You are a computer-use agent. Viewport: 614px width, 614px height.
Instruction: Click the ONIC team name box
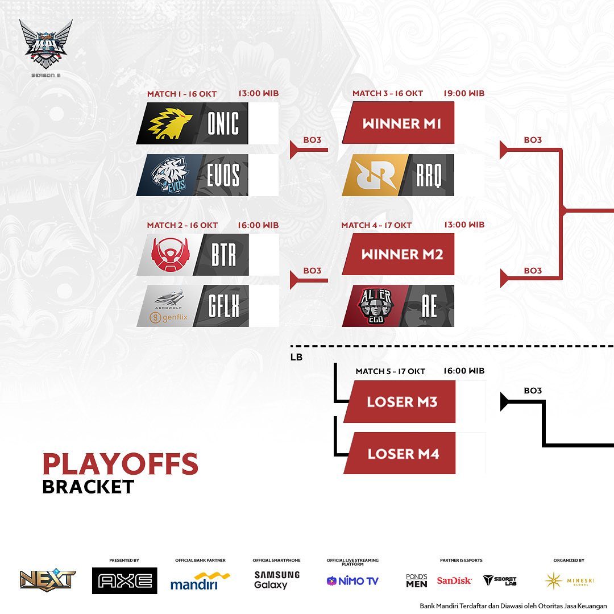(223, 123)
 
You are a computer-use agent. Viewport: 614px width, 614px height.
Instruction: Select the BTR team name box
(223, 255)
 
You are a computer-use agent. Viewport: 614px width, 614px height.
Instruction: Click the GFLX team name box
(223, 306)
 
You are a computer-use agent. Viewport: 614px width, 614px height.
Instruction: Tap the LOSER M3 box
(401, 402)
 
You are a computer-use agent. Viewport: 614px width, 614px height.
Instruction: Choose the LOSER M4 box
(402, 454)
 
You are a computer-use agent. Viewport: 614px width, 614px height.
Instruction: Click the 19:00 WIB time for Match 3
(464, 93)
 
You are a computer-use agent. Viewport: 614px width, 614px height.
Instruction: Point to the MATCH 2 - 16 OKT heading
(182, 225)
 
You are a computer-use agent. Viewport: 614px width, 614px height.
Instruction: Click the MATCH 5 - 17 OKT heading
(390, 371)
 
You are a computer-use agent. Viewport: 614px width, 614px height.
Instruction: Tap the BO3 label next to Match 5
(533, 391)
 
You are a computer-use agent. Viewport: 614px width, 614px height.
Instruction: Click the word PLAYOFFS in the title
(120, 464)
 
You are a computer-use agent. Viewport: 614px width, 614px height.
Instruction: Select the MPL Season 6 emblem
(45, 45)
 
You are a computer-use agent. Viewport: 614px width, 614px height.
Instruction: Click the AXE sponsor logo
(125, 580)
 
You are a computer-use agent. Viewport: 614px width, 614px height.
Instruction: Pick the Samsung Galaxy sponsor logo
(276, 580)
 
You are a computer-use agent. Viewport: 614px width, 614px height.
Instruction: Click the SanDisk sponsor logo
(454, 580)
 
